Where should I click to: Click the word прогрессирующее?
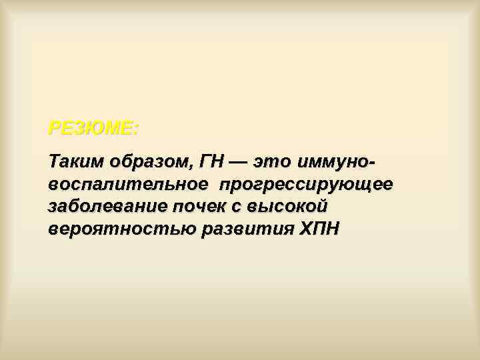point(309,185)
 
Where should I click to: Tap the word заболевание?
point(109,207)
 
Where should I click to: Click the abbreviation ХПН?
point(318,229)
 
